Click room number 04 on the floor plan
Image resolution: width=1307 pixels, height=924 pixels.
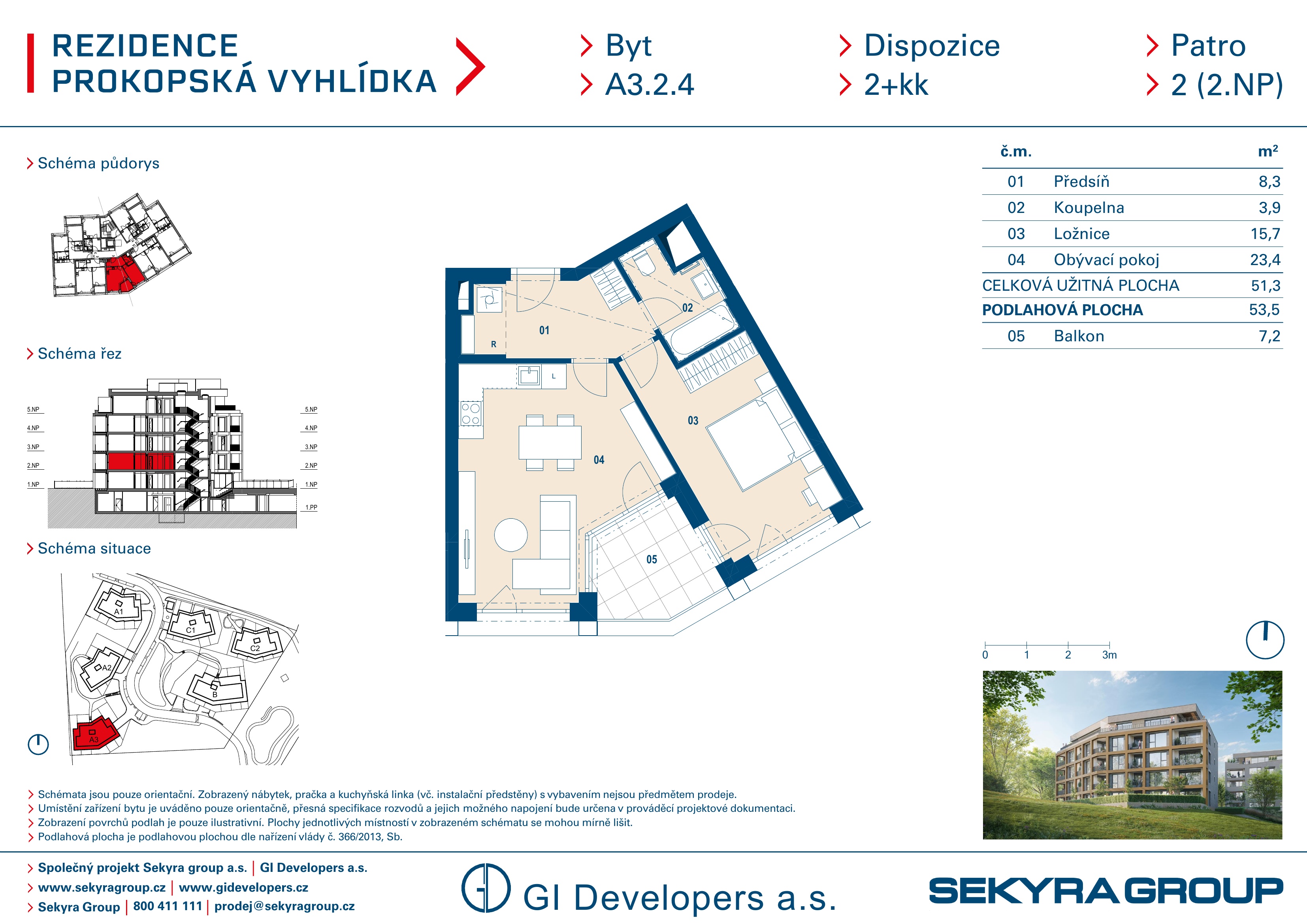click(599, 460)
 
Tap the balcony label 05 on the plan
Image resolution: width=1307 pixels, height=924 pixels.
click(652, 560)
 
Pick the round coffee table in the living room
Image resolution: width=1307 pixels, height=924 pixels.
click(510, 534)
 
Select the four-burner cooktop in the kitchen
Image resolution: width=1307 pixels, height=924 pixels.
click(471, 413)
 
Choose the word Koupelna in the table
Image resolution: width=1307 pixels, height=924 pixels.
click(1089, 208)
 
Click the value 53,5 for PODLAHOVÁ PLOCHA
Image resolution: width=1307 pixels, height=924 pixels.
click(1264, 310)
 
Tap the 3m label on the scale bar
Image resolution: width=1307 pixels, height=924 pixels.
click(1109, 655)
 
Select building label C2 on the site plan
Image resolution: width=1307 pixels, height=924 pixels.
click(255, 648)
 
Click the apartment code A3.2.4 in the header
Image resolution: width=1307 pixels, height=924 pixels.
click(650, 85)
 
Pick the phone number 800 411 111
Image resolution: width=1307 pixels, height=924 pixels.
click(168, 906)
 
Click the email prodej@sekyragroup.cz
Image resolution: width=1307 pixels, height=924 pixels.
click(284, 906)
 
